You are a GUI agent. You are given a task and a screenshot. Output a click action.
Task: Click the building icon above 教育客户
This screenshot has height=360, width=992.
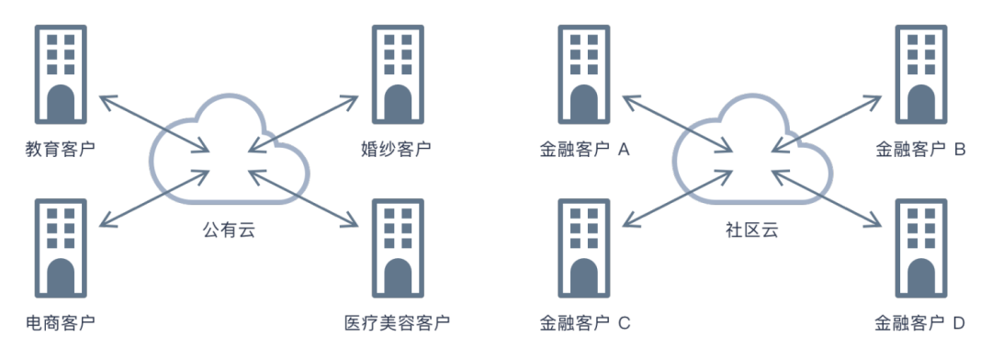click(60, 73)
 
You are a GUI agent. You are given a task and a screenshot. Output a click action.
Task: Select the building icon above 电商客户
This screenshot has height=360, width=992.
click(60, 248)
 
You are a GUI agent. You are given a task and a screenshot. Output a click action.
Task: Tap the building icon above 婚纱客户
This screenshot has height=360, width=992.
click(398, 73)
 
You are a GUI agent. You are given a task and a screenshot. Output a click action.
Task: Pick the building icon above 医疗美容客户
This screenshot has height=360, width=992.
click(398, 248)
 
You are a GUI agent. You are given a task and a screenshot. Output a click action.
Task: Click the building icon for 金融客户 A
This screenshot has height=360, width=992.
click(584, 73)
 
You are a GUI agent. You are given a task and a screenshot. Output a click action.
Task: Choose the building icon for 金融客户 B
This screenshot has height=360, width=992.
click(920, 73)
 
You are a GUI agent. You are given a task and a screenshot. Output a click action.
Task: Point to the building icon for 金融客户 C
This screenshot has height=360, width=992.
click(584, 248)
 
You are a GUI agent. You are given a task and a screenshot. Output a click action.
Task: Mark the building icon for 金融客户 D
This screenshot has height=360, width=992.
click(920, 248)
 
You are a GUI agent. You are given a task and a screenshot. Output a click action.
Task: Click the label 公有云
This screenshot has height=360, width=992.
click(228, 230)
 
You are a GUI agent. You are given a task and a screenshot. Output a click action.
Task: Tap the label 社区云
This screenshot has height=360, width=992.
click(751, 230)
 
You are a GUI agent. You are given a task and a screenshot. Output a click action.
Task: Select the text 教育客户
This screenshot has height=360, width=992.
click(60, 148)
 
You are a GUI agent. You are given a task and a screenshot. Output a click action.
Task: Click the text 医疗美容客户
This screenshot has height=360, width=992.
click(397, 322)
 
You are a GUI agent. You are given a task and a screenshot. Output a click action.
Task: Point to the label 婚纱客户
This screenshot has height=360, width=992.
click(397, 148)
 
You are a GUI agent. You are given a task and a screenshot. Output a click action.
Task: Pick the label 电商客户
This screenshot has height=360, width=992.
click(60, 322)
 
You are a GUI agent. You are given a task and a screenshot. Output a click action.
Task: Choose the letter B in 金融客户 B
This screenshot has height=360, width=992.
click(959, 148)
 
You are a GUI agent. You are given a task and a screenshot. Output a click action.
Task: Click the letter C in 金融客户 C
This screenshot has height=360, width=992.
click(624, 322)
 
